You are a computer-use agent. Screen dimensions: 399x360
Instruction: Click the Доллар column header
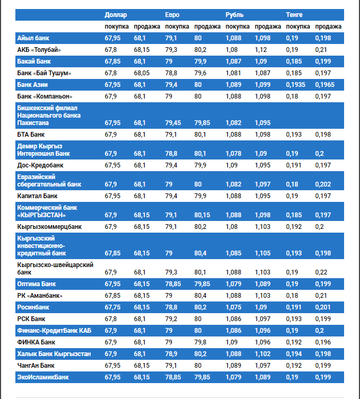click(116, 14)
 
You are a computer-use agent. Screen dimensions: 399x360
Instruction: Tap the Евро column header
click(172, 14)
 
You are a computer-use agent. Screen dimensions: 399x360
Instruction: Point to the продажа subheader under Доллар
click(147, 26)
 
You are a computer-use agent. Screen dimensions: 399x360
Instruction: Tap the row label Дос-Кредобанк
click(40, 165)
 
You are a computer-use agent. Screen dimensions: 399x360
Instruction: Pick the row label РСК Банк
click(31, 319)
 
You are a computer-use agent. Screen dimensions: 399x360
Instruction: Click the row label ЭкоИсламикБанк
click(43, 377)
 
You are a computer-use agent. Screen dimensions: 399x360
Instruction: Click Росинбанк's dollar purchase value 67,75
click(112, 307)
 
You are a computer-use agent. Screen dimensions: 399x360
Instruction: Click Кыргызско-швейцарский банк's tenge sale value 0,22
click(320, 272)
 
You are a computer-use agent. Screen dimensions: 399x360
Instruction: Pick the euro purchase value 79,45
click(173, 123)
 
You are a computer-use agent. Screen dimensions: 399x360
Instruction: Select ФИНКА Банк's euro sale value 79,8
click(200, 342)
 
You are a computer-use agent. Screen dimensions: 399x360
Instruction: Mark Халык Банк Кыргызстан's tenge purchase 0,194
click(294, 354)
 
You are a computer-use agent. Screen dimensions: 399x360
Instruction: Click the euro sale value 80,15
click(202, 215)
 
